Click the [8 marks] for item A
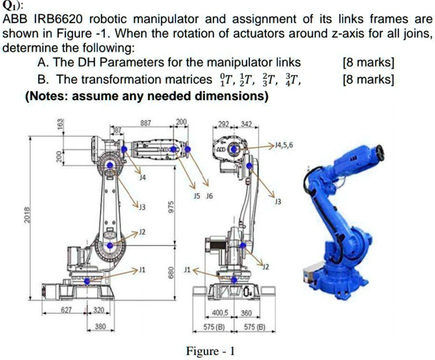tap(368, 63)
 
